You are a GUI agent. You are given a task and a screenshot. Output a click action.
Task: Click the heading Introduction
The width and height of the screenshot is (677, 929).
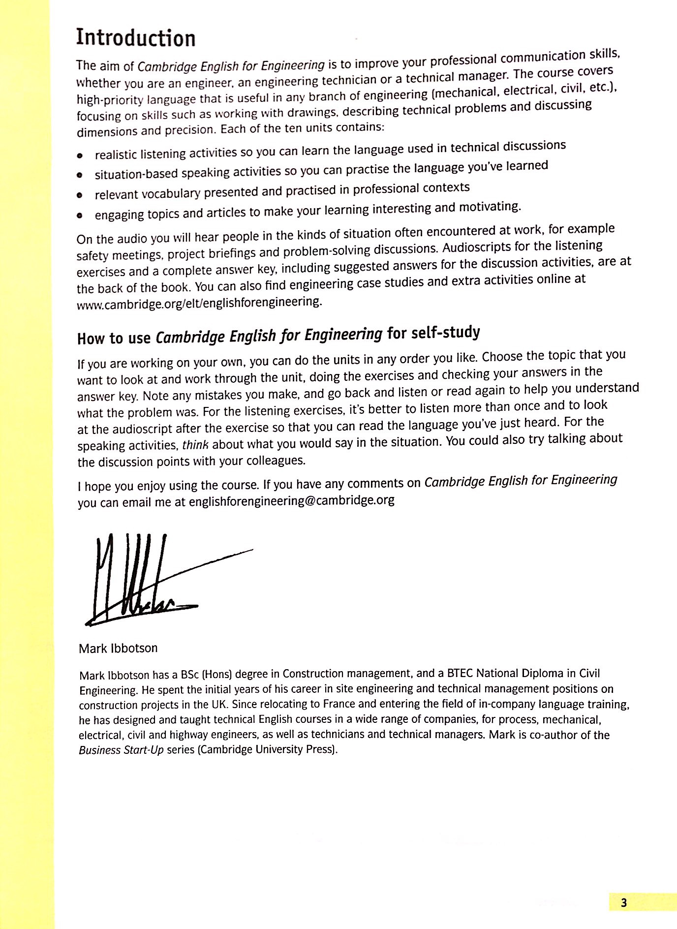click(x=135, y=38)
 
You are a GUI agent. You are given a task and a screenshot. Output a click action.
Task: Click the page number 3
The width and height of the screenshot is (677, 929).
click(x=624, y=902)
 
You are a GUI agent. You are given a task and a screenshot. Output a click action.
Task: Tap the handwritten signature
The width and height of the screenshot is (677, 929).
click(x=148, y=581)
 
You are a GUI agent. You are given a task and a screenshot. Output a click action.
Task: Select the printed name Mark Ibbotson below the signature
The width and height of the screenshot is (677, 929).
click(x=118, y=648)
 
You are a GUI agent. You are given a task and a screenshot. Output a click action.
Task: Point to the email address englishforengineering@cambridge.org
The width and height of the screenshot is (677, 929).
click(x=291, y=500)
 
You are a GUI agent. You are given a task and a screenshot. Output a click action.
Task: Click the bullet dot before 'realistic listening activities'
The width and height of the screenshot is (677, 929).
click(x=80, y=155)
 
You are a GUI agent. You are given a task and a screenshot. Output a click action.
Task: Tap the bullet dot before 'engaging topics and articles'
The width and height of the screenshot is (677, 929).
click(x=80, y=216)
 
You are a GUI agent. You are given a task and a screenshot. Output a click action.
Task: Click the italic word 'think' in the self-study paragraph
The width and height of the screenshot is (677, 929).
click(x=195, y=445)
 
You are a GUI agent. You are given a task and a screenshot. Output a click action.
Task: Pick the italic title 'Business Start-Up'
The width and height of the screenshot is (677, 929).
click(x=121, y=750)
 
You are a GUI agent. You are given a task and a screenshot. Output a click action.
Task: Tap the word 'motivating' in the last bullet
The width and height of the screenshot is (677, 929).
click(x=489, y=207)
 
